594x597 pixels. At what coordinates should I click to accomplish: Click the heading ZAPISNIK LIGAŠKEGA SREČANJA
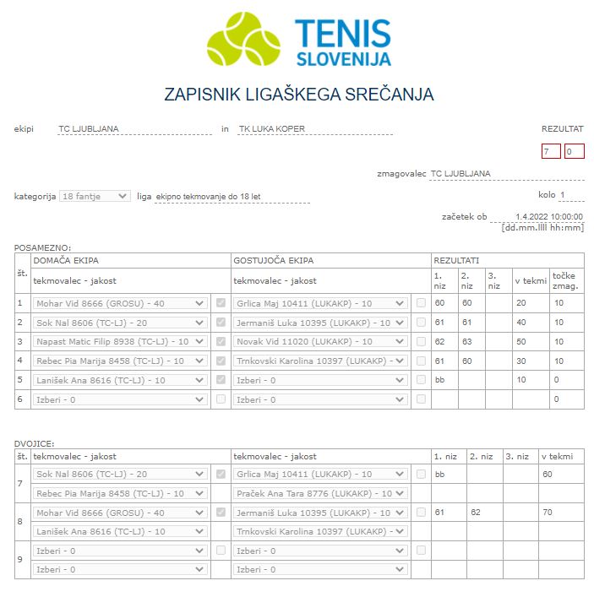298,95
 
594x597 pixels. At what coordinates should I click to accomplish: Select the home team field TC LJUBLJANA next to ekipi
134,129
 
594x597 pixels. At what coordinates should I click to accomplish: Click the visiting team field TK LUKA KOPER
313,129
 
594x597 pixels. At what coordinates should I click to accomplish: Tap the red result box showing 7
551,152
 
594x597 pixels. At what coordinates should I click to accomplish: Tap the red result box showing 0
574,152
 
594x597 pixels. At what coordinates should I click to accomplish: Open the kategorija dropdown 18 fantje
95,196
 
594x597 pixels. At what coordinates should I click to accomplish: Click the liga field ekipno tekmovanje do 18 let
232,197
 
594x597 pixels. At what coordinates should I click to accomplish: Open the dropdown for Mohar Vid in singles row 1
120,303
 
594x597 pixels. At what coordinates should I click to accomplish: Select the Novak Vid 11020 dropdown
320,342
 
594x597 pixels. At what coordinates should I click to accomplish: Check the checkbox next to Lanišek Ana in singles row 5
221,380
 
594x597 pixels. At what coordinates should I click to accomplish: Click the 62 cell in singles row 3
440,342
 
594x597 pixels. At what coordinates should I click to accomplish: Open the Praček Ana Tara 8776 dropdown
320,493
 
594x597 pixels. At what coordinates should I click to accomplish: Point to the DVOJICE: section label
36,442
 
